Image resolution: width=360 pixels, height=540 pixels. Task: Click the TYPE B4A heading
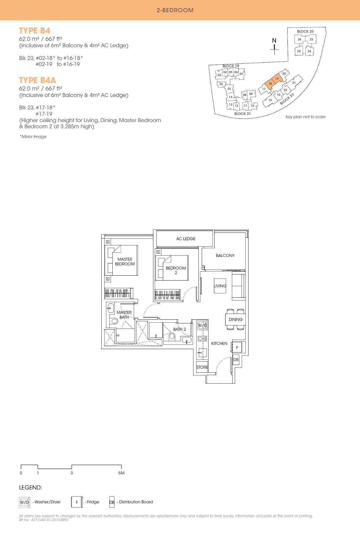(38, 80)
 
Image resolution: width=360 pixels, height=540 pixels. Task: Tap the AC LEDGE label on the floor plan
(186, 239)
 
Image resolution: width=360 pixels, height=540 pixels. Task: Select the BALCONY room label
(225, 255)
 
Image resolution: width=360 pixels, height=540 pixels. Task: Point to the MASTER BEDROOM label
(125, 262)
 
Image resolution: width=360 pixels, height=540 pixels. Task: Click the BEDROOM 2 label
(176, 270)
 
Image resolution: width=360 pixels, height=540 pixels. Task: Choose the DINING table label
(235, 319)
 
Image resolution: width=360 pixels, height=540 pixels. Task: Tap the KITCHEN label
(219, 344)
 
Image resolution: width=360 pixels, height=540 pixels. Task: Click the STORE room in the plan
(202, 367)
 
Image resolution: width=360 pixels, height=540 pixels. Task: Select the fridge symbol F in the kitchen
(237, 348)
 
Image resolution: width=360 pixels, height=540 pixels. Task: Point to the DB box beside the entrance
(236, 360)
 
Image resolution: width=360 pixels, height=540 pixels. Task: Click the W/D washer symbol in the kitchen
(202, 325)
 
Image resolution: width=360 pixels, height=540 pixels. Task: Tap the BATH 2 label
(179, 329)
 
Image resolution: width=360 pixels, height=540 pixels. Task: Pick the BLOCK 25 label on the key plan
(305, 32)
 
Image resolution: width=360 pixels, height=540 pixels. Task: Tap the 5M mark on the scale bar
(121, 473)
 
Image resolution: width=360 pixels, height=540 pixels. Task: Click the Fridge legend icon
(77, 502)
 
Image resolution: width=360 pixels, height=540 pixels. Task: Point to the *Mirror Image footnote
(33, 137)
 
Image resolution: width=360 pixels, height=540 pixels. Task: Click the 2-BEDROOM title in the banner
(175, 10)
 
